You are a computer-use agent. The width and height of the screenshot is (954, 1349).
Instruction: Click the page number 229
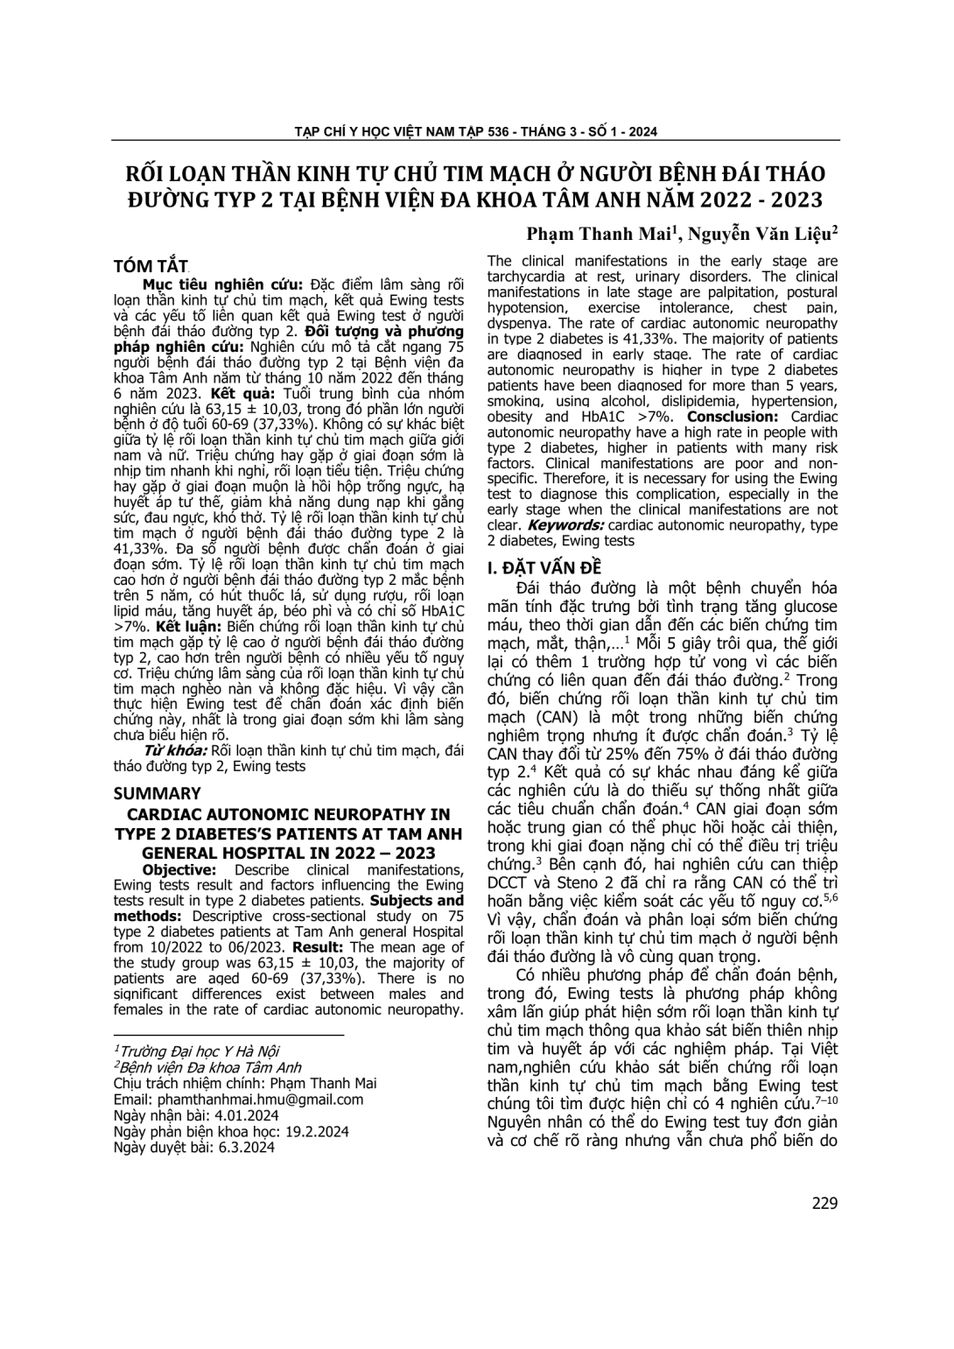click(x=824, y=1203)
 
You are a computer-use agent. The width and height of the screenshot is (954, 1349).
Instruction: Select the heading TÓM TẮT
click(x=151, y=266)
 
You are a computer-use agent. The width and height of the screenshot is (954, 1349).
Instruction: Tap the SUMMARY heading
click(x=158, y=794)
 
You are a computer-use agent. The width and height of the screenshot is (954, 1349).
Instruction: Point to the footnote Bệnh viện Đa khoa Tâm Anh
click(x=209, y=1067)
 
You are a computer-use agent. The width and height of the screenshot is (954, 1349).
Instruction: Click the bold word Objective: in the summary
click(x=179, y=870)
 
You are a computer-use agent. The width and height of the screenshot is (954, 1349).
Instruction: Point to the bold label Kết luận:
click(x=168, y=628)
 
